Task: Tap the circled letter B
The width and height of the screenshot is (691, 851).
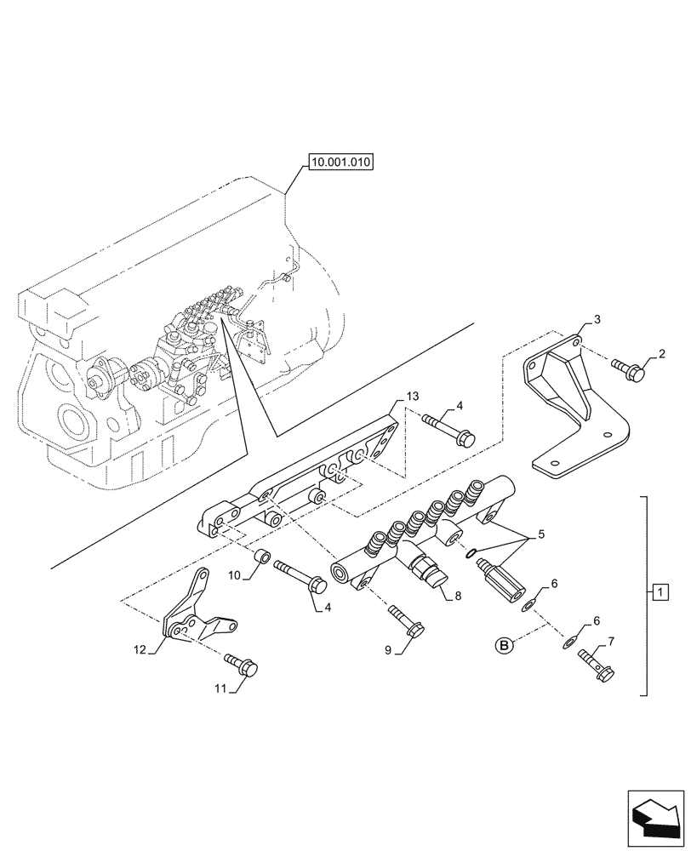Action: click(x=505, y=647)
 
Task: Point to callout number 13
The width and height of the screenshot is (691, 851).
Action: click(x=413, y=397)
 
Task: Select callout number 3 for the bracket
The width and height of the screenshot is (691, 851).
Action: click(x=597, y=319)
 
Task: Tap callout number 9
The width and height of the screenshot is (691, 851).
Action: click(x=387, y=650)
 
